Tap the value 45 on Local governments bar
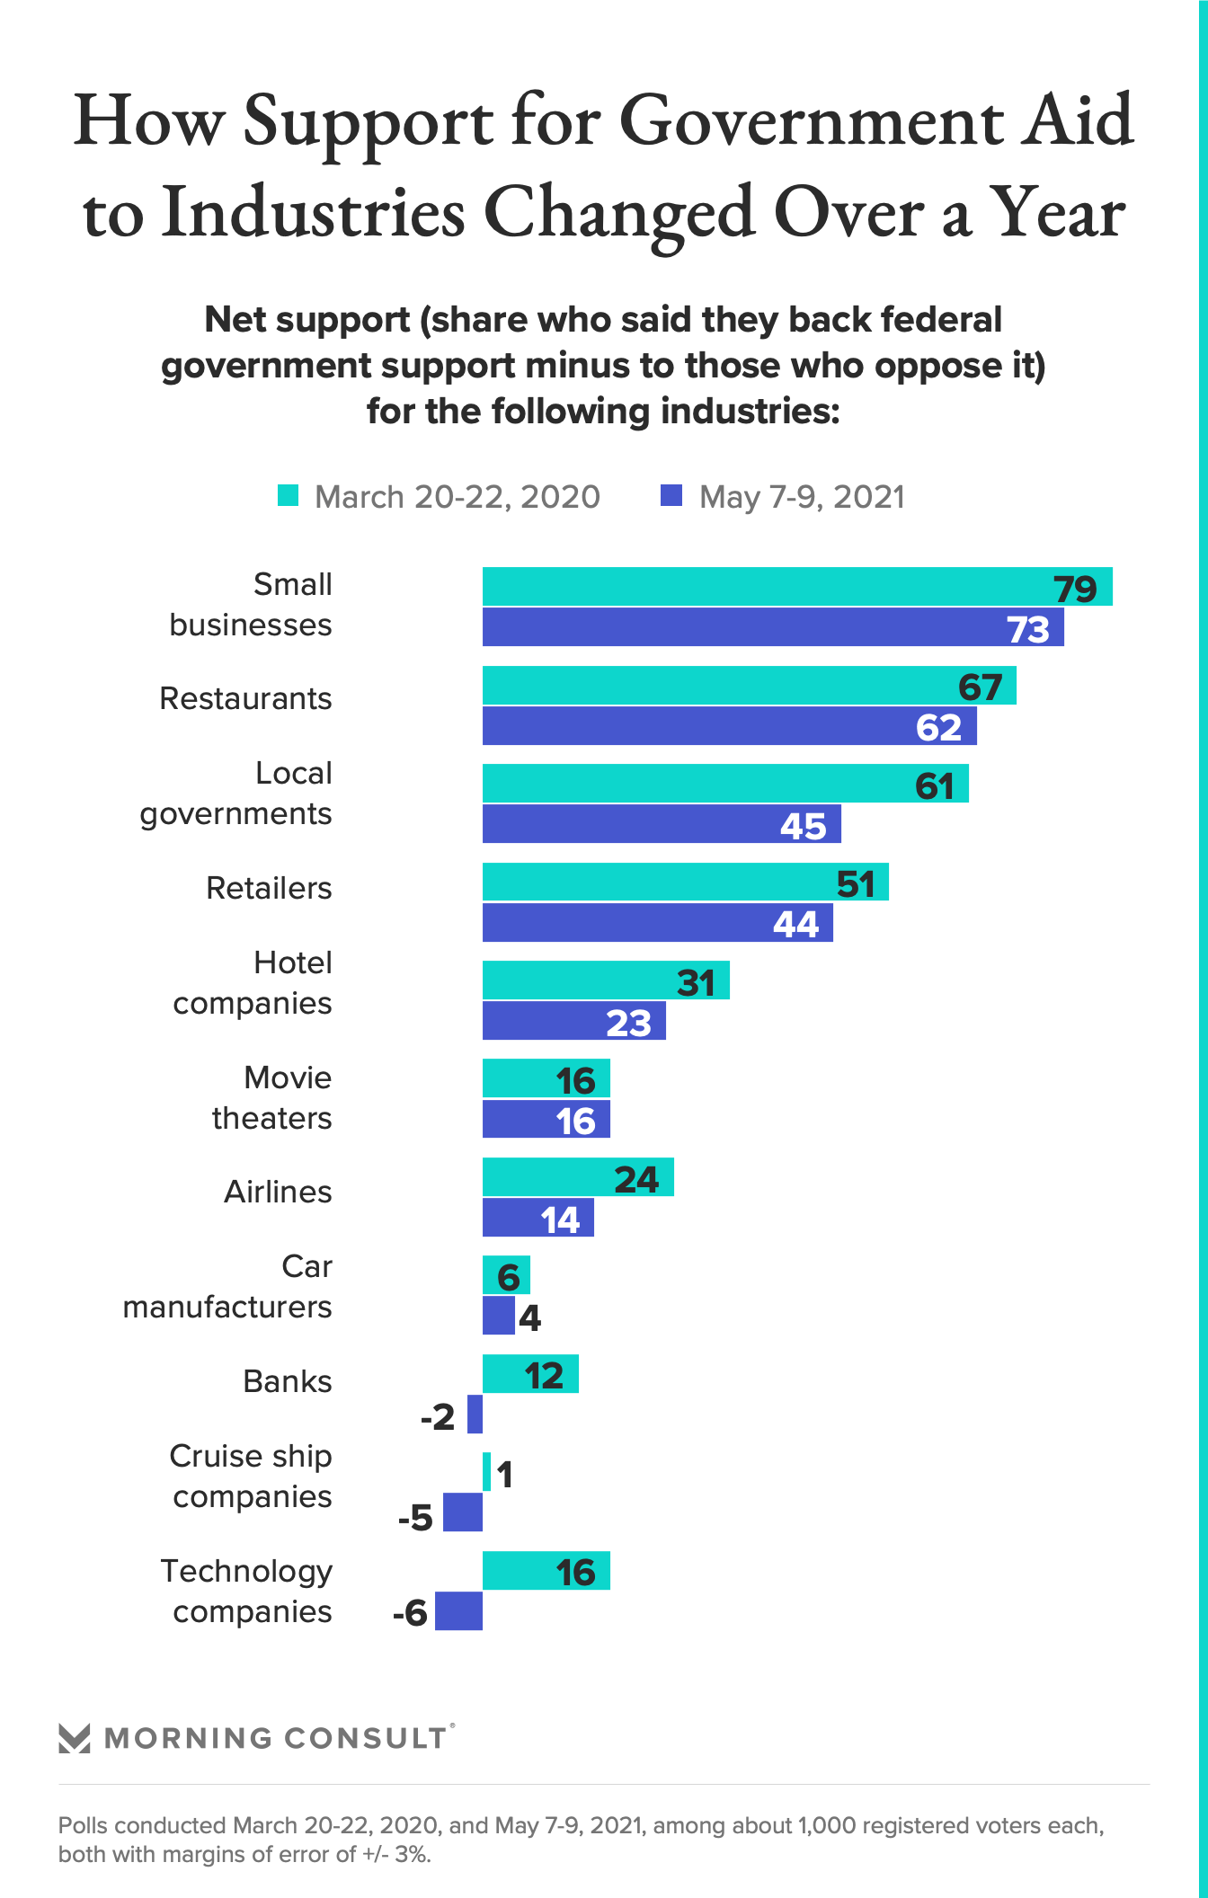tap(803, 826)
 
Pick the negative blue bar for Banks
tap(475, 1415)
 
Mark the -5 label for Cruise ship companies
tap(416, 1518)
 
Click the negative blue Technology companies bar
tap(459, 1611)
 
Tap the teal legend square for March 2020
tap(288, 496)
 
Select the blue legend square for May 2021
tap(671, 496)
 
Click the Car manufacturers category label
tap(227, 1287)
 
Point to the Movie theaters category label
tap(272, 1098)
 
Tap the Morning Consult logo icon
tap(75, 1738)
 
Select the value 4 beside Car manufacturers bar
tap(529, 1318)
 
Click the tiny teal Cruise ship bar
tap(486, 1472)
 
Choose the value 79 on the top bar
tap(1075, 589)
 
